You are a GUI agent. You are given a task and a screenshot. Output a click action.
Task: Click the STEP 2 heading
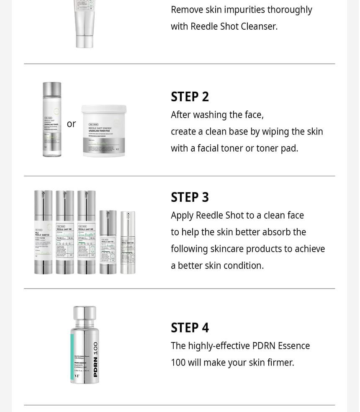pyautogui.click(x=190, y=97)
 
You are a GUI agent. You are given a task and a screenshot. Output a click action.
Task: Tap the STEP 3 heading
pyautogui.click(x=190, y=197)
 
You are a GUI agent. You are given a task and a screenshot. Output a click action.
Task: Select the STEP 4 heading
pyautogui.click(x=190, y=328)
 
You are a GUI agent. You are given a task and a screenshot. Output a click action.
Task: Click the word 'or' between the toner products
pyautogui.click(x=71, y=124)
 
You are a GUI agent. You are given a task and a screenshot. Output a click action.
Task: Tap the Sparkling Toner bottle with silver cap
pyautogui.click(x=52, y=120)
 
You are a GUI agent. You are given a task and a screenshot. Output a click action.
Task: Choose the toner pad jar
pyautogui.click(x=103, y=131)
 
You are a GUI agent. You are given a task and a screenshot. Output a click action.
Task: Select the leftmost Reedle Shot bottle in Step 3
pyautogui.click(x=43, y=232)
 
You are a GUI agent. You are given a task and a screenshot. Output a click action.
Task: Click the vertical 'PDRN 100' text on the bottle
pyautogui.click(x=95, y=359)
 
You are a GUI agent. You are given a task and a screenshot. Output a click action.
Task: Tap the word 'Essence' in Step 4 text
pyautogui.click(x=293, y=346)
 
